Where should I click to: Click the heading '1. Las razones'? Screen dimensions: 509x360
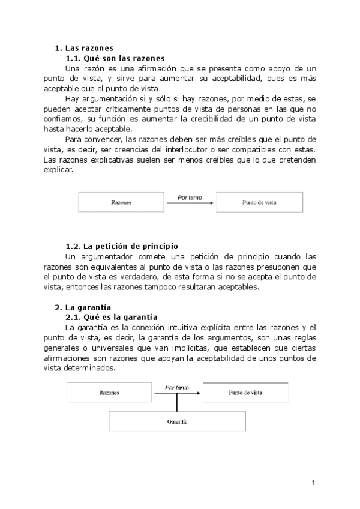[x=84, y=48]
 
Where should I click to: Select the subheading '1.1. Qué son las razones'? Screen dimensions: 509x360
[x=115, y=58]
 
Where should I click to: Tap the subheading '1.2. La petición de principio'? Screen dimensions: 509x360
[x=121, y=246]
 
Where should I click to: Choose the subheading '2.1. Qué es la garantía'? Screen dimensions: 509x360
[x=111, y=317]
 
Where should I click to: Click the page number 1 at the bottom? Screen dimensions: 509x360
[x=313, y=482]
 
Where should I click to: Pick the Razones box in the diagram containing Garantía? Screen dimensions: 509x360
[x=109, y=393]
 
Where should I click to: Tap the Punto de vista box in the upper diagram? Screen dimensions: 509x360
[x=259, y=203]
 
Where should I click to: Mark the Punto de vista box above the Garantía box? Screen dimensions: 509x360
[x=245, y=393]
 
